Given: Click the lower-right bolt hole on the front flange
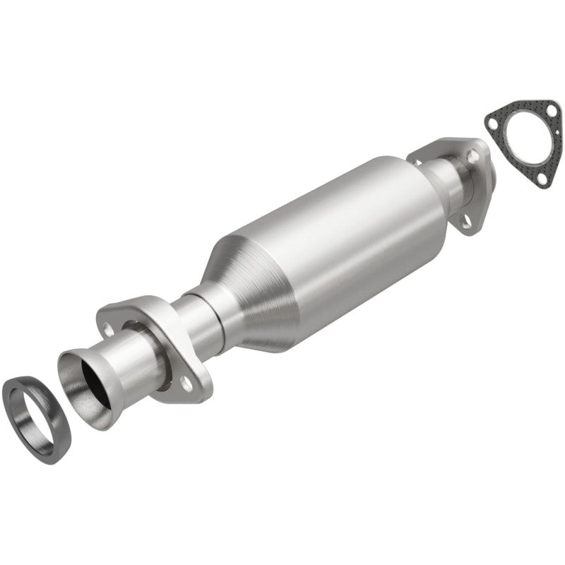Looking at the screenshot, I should [x=186, y=383].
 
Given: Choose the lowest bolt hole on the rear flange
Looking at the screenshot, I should [x=466, y=221].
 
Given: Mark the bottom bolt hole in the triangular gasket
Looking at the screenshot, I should [x=541, y=178].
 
